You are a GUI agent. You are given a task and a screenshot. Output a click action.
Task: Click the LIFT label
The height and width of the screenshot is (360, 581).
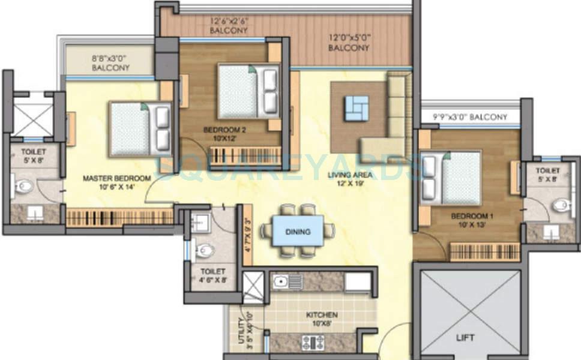[x=465, y=338]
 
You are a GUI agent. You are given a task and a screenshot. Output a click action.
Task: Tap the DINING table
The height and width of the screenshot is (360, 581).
[x=298, y=231]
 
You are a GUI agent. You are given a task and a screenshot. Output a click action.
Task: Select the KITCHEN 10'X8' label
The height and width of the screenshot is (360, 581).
[x=322, y=319]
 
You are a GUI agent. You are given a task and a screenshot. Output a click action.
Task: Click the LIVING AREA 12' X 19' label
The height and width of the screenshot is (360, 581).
[x=351, y=179]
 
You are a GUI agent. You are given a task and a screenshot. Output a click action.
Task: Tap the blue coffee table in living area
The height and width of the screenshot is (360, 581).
[x=357, y=108]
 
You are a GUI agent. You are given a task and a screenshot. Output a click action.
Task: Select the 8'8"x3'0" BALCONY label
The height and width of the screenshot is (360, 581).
[x=110, y=64]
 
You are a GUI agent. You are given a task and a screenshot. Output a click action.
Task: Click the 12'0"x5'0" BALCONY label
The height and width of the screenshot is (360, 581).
[x=349, y=43]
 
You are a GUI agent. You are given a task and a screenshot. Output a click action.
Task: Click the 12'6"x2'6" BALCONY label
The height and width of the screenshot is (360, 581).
[x=228, y=25]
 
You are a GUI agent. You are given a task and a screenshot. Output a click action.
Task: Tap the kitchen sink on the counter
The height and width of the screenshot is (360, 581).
[x=280, y=281]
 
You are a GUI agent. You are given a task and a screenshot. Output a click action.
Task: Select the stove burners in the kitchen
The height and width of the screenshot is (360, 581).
[x=312, y=343]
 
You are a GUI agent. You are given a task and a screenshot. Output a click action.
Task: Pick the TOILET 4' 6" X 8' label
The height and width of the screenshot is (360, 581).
[x=213, y=275]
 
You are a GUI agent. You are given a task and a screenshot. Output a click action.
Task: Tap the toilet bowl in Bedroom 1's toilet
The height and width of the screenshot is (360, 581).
[x=561, y=206]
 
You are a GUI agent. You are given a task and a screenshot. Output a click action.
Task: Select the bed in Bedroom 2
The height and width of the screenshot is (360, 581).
[x=248, y=91]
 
